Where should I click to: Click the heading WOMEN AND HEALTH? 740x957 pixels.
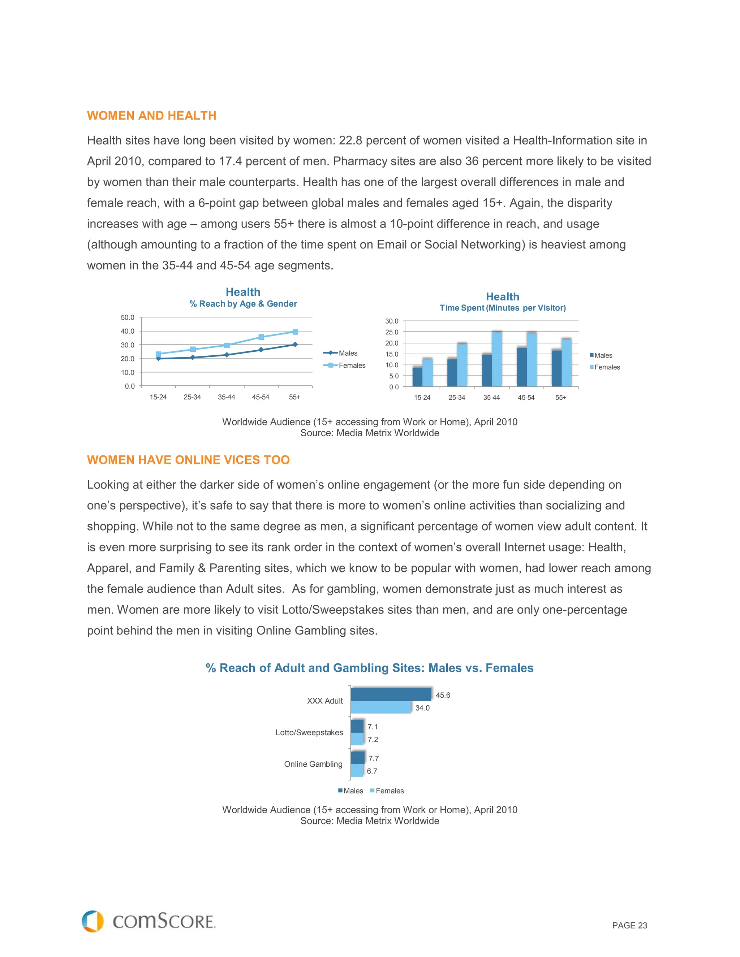pos(152,116)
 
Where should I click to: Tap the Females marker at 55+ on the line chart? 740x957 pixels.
pos(295,332)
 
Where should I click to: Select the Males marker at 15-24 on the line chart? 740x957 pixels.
pos(158,359)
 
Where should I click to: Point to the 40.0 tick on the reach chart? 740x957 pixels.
pos(128,331)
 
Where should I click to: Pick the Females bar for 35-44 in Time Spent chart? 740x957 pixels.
pos(497,359)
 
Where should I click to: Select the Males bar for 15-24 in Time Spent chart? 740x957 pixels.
pos(417,377)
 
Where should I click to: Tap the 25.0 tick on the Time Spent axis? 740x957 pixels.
pos(392,332)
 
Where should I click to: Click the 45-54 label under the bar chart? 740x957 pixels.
pos(526,398)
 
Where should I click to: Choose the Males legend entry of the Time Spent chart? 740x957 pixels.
pos(602,355)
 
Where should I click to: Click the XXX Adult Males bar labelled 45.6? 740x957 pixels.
pos(391,694)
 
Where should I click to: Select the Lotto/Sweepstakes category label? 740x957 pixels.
pos(309,733)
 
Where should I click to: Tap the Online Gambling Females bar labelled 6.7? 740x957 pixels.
pos(357,771)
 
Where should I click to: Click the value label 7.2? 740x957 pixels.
pos(373,740)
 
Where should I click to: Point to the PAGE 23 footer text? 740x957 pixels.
pos(629,926)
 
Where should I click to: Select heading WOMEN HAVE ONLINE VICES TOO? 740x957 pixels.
pos(189,460)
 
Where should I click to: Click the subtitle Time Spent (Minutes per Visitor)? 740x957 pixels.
pos(502,308)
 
